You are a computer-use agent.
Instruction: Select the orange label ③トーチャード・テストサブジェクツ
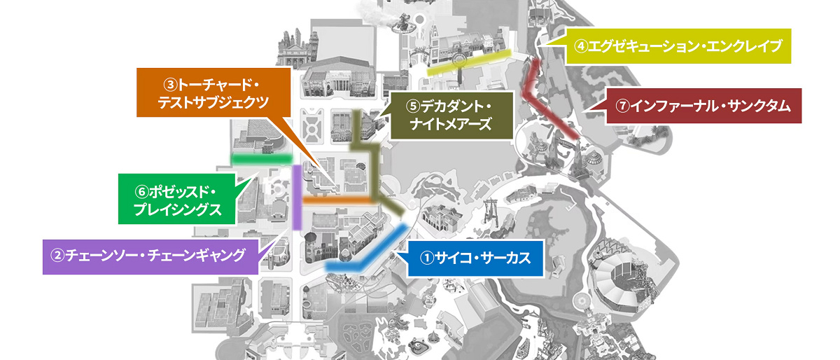[212, 92]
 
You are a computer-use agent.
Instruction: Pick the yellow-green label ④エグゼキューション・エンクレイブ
[677, 46]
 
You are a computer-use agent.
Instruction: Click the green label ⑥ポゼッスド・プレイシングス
[176, 200]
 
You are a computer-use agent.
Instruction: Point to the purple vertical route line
[297, 196]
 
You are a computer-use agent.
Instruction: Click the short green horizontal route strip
[260, 160]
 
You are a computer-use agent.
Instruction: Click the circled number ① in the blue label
[427, 257]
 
